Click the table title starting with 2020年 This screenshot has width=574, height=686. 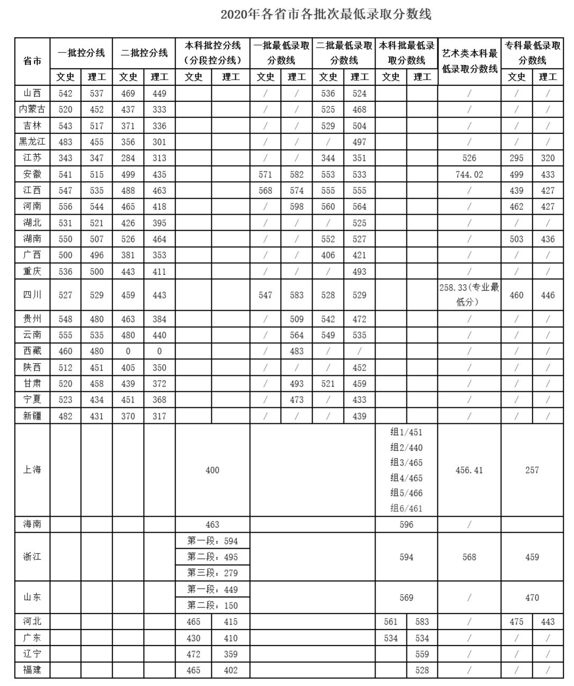tap(326, 14)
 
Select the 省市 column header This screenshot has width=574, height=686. tap(32, 61)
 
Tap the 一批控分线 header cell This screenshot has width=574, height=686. tap(81, 53)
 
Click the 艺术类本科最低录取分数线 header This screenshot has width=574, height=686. tap(469, 61)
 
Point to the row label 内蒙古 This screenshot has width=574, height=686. tap(32, 109)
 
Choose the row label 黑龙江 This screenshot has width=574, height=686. tap(32, 142)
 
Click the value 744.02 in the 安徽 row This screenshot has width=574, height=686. tap(469, 175)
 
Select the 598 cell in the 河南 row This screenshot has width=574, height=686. tap(297, 207)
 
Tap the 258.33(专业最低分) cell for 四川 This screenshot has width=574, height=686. tap(469, 295)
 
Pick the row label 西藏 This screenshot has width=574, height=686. tap(32, 351)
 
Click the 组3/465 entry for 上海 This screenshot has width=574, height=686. tap(406, 463)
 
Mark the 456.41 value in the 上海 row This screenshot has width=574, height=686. tap(469, 470)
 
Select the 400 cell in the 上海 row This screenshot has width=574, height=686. tap(212, 470)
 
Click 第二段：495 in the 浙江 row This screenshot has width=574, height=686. tap(212, 557)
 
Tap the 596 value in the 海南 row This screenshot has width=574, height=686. tap(406, 525)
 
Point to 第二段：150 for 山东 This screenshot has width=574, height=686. tap(212, 605)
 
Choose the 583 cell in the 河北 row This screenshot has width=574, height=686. tap(422, 622)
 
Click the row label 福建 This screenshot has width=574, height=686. tap(32, 670)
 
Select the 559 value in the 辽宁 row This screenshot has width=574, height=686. tap(422, 654)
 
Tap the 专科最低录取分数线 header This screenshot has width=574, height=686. tap(532, 53)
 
